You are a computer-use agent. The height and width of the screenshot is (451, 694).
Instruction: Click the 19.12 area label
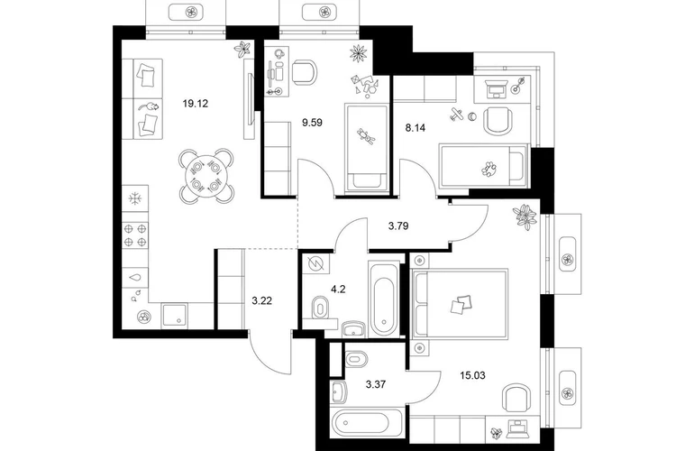click(196, 104)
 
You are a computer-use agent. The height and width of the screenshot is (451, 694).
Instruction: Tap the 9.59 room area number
click(312, 123)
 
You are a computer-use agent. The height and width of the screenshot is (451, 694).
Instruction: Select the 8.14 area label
click(415, 128)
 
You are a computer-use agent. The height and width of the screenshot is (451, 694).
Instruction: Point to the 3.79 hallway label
click(398, 225)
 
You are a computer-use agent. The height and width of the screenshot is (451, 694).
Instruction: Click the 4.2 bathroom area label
click(338, 290)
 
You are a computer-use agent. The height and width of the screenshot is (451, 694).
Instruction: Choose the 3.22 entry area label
click(261, 301)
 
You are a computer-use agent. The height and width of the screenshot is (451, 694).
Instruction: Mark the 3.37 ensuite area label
click(375, 384)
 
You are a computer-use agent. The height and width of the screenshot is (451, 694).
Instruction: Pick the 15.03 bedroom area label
click(472, 376)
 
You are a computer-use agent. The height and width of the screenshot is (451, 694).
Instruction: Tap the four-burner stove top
click(135, 235)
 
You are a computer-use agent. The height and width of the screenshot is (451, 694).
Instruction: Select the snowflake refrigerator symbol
click(134, 198)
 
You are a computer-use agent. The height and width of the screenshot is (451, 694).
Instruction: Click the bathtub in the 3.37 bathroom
click(367, 423)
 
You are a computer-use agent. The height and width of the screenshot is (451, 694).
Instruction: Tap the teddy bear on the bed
click(367, 137)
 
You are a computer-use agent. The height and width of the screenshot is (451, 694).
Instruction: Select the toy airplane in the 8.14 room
click(456, 115)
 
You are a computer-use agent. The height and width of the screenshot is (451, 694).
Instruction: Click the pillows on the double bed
click(461, 305)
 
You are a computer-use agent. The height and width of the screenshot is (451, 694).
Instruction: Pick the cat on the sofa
click(149, 106)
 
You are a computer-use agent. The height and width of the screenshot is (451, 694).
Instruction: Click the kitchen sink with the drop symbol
click(135, 277)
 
